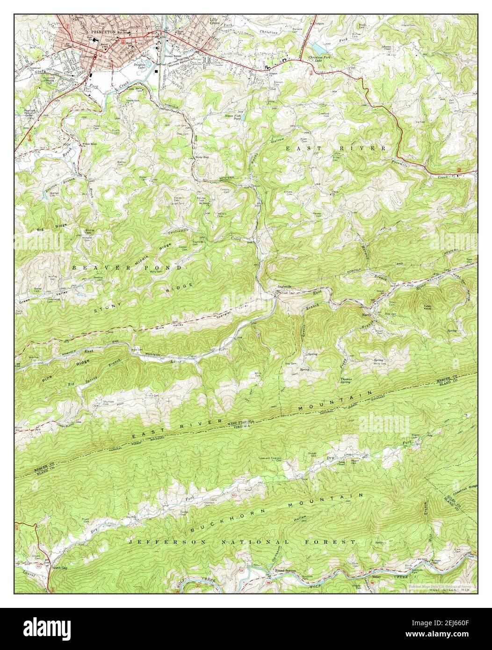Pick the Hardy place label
[366, 315]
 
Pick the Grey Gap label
[203, 157]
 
